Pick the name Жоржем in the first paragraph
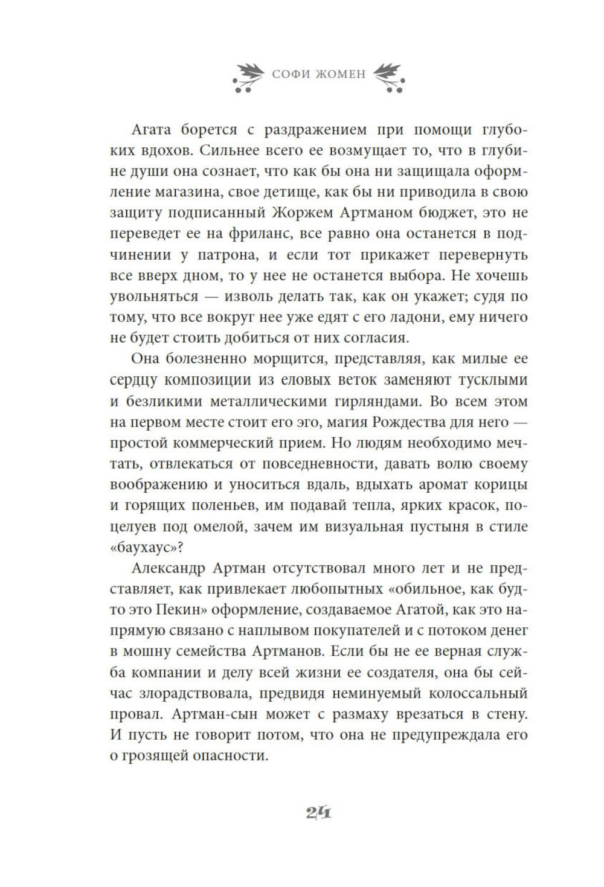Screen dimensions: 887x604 (306, 213)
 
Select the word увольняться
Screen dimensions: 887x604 (155, 296)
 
